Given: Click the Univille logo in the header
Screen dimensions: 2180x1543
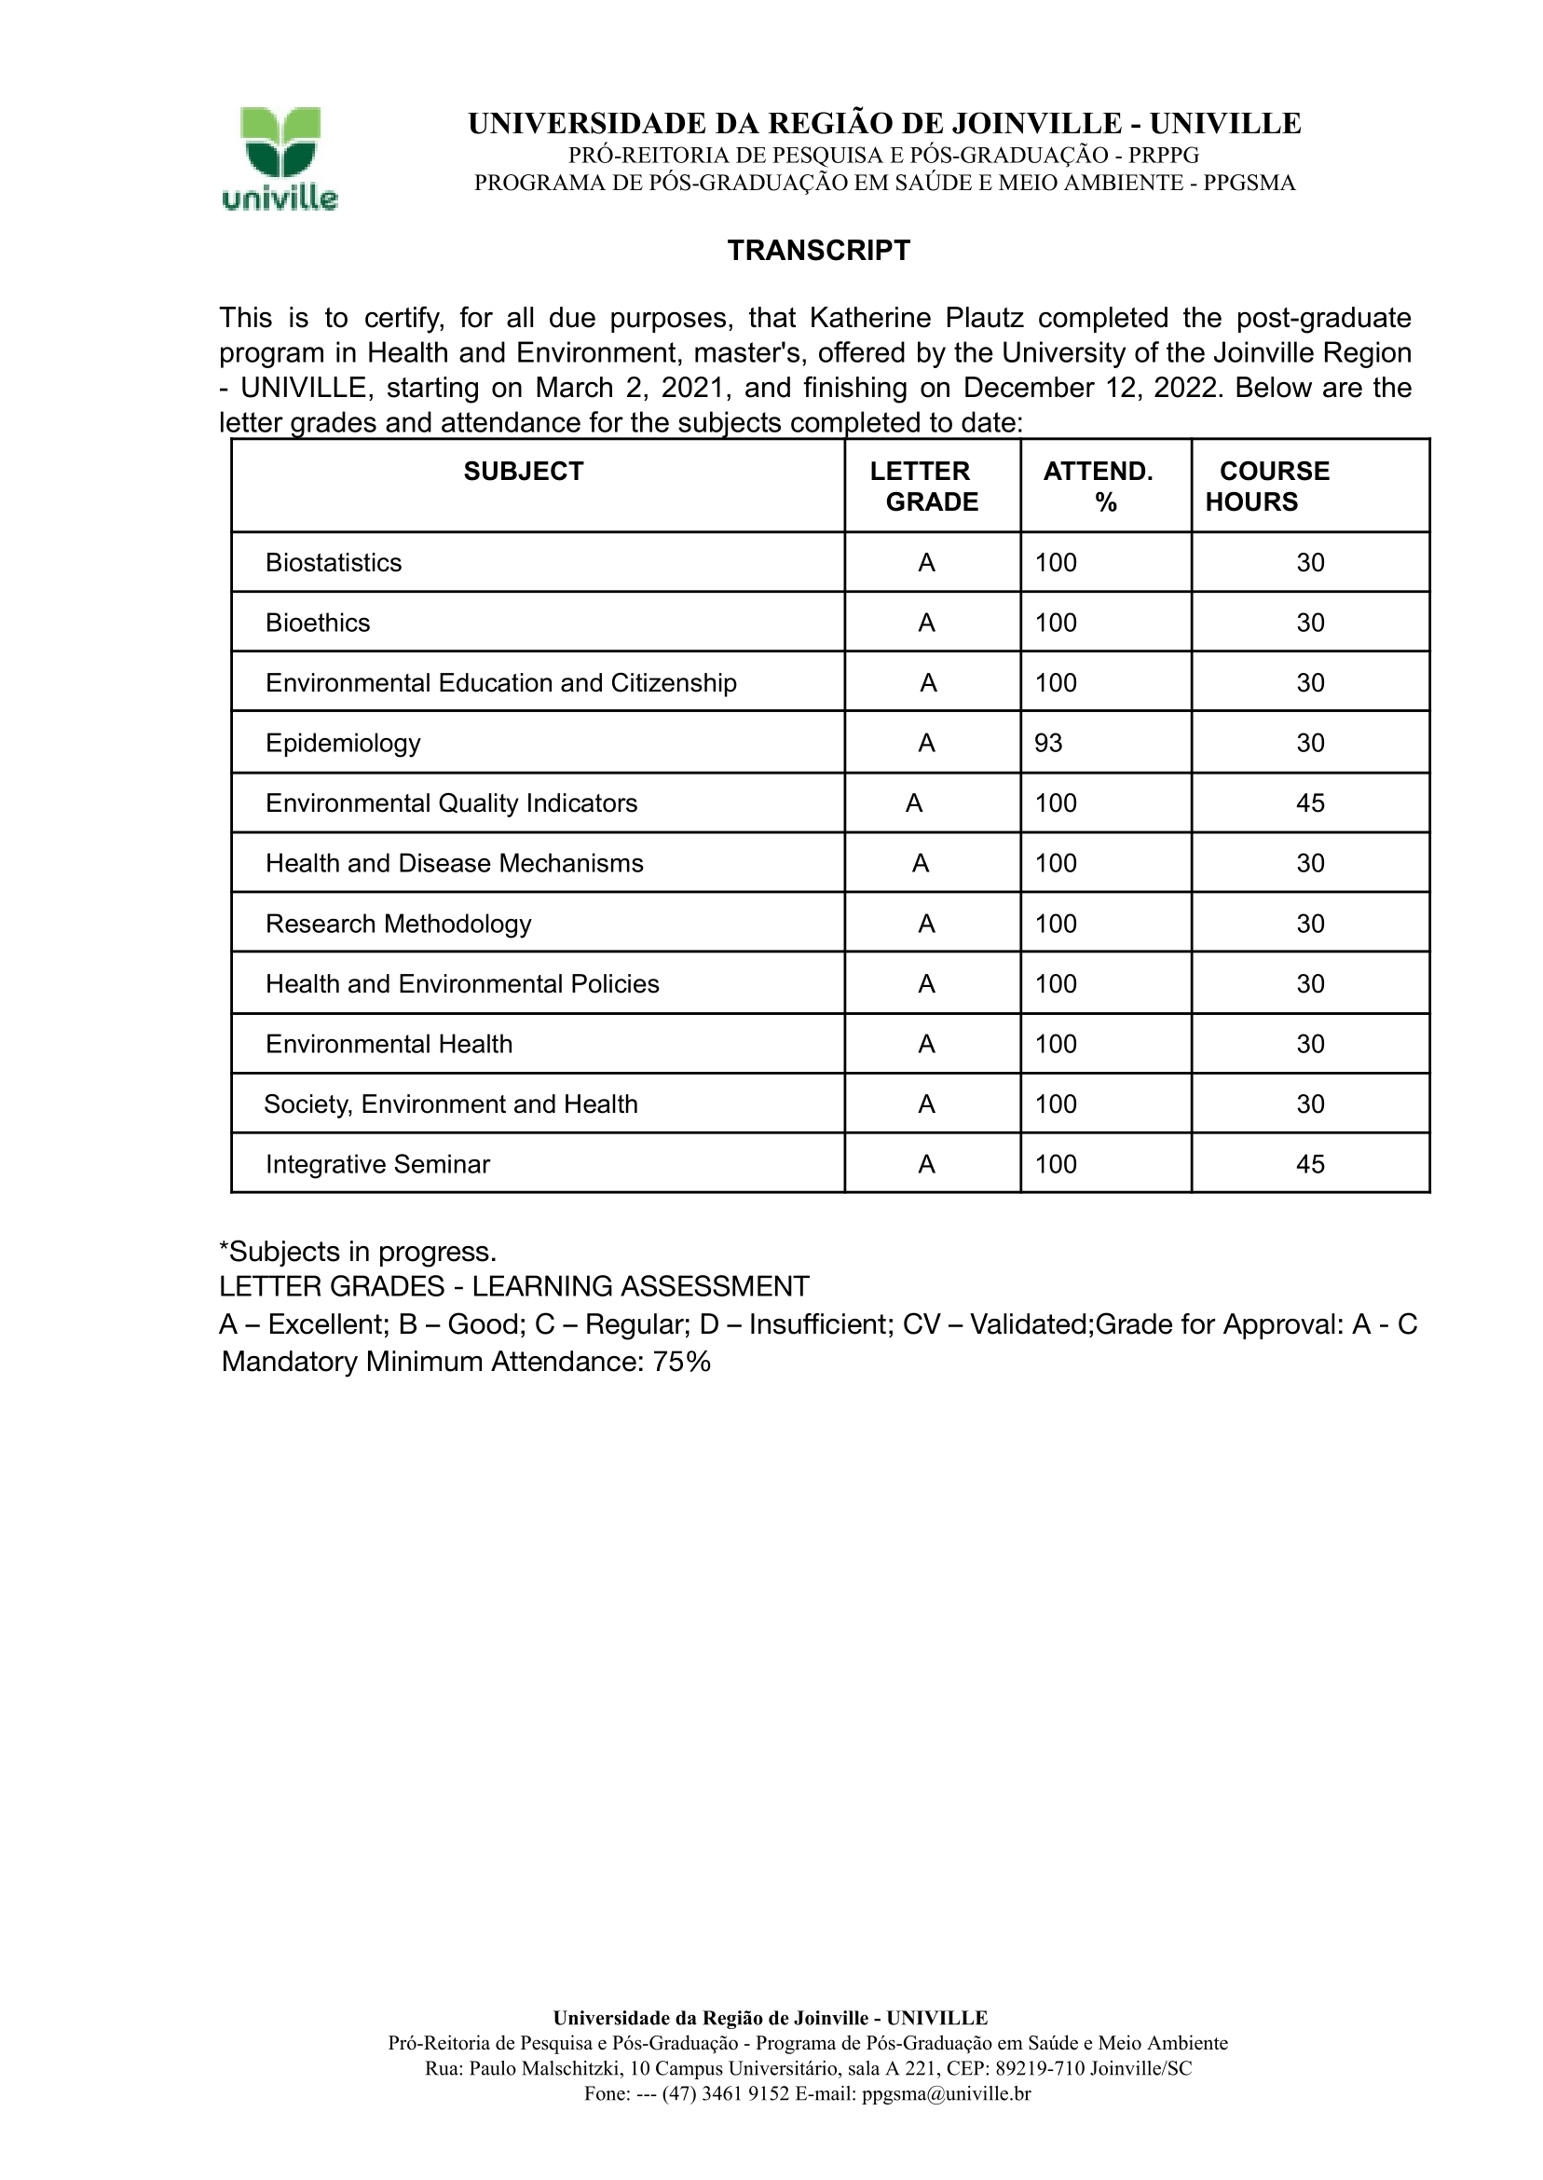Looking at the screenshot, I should click(x=280, y=158).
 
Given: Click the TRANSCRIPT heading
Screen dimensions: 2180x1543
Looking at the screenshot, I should click(x=818, y=251).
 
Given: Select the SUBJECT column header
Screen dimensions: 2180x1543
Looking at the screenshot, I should click(x=524, y=472).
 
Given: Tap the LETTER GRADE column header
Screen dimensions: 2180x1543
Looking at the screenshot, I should click(x=923, y=487).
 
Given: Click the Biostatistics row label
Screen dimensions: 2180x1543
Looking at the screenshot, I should click(x=334, y=563).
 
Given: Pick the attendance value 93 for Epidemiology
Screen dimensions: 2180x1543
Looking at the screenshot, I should click(x=1048, y=743).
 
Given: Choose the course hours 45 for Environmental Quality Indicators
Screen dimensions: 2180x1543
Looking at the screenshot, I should click(x=1310, y=803).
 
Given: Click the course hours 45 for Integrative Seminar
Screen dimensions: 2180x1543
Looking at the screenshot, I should click(x=1310, y=1164).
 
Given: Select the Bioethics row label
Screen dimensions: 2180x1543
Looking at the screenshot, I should click(x=318, y=623).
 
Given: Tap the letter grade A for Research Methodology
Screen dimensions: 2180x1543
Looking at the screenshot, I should click(x=926, y=924).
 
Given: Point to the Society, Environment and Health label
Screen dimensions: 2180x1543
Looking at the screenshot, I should click(x=450, y=1104).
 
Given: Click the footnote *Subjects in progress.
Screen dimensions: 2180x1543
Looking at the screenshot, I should click(x=358, y=1252).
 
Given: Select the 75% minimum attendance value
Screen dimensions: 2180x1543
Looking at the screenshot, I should click(x=681, y=1362).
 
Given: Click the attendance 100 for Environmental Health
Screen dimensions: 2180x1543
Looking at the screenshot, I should click(x=1056, y=1045).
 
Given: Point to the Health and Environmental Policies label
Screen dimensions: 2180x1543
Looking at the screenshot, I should click(x=462, y=983).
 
